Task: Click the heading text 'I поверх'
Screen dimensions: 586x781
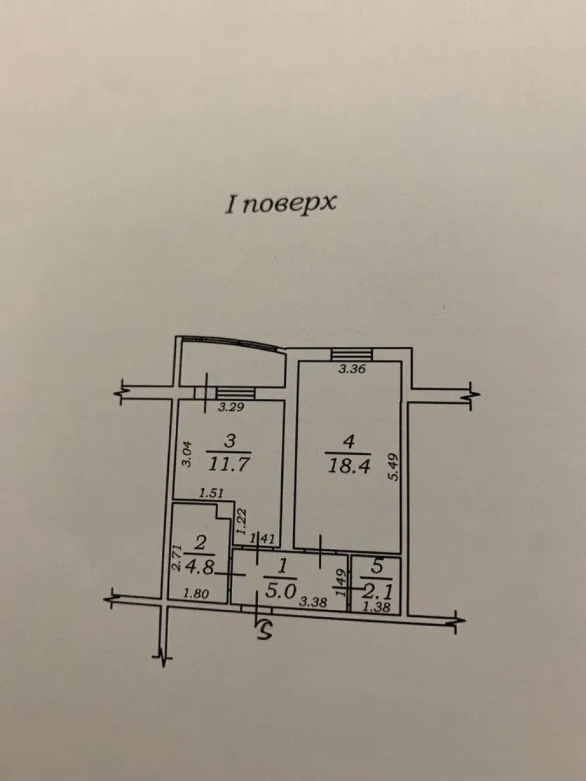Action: (280, 204)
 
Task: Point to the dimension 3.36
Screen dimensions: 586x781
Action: (352, 369)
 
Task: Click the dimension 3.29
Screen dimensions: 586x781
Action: (231, 407)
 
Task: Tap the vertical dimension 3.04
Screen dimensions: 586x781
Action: (187, 454)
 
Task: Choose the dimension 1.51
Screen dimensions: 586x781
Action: (211, 493)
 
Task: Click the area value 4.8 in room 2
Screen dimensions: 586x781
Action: (200, 568)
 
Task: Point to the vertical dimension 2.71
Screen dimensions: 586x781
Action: (177, 558)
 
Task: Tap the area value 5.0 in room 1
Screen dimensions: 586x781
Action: (280, 591)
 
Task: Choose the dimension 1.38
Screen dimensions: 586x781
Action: (376, 608)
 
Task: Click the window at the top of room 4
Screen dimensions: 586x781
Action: (351, 354)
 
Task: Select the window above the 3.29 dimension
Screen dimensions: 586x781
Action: (235, 393)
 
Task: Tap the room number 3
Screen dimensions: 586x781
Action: (230, 441)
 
